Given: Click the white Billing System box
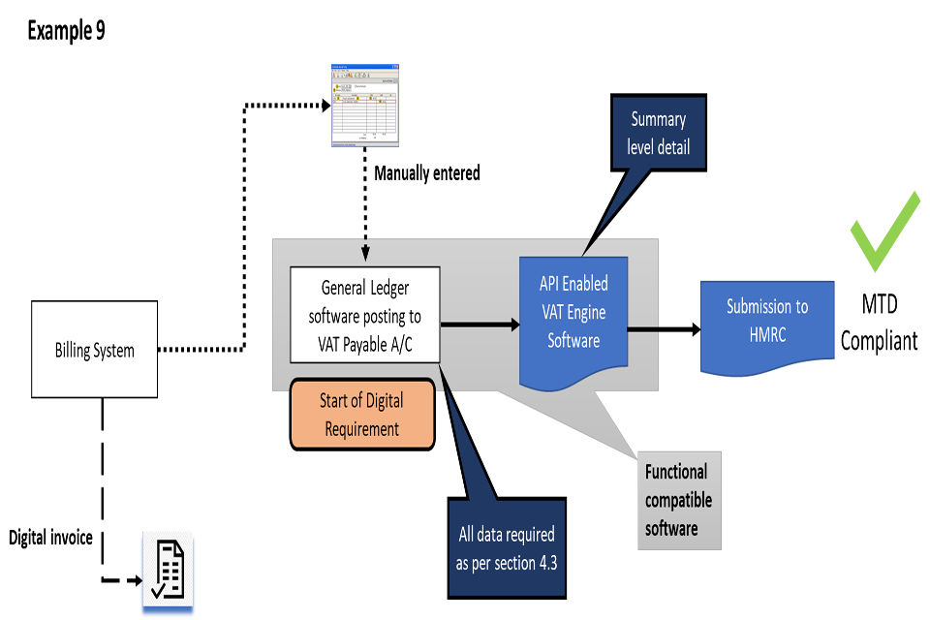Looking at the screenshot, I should point(94,349).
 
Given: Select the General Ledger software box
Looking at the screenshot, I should point(365,315).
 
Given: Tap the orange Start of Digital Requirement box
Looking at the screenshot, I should point(361,415).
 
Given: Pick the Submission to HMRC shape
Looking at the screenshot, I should point(767,325).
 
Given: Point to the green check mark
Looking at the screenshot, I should point(883,232).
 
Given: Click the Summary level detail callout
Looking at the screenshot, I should point(659,134).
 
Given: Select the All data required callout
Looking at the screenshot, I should point(507,547).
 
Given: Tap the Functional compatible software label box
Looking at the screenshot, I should point(678,500).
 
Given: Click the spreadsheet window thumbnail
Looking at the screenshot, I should point(365,105).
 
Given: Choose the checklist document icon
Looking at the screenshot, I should point(168,573).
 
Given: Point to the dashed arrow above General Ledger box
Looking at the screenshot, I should point(365,249).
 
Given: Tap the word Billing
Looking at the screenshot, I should point(74,350).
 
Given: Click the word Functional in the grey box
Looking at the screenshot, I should point(676,472).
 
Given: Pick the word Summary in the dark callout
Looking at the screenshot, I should point(659,119).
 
